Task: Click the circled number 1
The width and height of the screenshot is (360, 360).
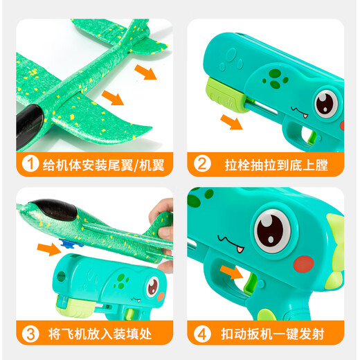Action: point(28,165)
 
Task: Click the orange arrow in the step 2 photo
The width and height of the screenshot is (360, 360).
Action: point(232,123)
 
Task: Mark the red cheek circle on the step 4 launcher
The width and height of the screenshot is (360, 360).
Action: point(305,264)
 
